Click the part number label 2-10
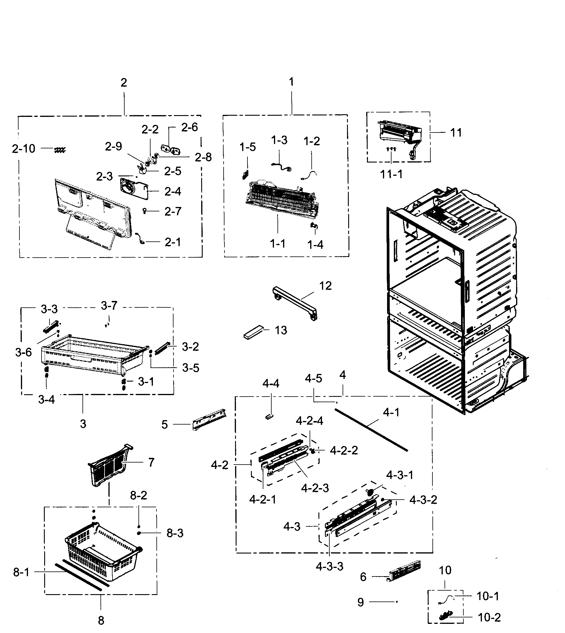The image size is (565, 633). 24,149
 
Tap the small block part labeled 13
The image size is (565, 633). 253,333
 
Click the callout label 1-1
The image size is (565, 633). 277,244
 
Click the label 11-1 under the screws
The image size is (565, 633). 391,174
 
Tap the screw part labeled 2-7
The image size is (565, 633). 144,211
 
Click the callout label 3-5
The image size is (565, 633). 190,368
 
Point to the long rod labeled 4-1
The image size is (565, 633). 371,430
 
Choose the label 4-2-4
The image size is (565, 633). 309,421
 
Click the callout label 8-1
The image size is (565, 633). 21,572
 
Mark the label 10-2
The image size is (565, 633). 489,617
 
